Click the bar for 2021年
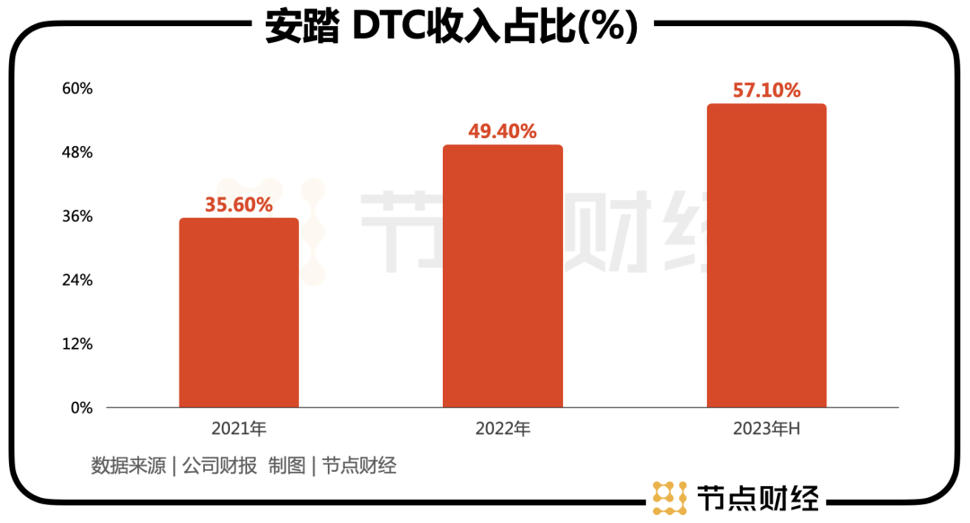[x=239, y=312]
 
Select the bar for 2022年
[x=503, y=275]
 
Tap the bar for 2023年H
[x=766, y=256]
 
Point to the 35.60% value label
[x=239, y=205]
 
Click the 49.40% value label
[x=502, y=132]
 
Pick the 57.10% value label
[x=766, y=91]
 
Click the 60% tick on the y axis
[x=76, y=89]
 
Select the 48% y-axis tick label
[x=76, y=153]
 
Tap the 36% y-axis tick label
[x=76, y=216]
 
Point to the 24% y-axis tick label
[x=76, y=280]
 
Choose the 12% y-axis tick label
[x=76, y=344]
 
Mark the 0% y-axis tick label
[x=81, y=407]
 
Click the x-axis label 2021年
[x=239, y=429]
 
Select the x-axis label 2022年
[x=503, y=429]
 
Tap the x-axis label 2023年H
[x=766, y=429]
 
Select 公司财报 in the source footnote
[x=219, y=466]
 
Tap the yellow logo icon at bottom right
[x=669, y=498]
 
